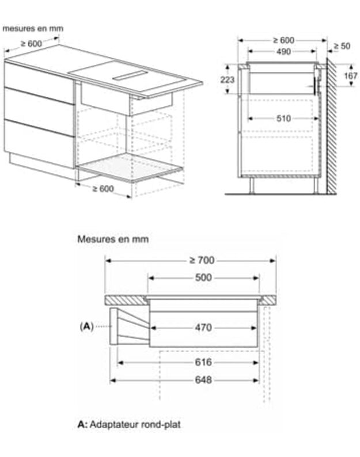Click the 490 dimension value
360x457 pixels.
[283, 52]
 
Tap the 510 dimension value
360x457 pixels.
[283, 119]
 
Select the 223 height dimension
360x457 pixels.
[228, 79]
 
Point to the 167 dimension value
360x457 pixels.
[350, 75]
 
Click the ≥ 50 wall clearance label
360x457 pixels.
[342, 46]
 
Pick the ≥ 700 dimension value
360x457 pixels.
[202, 260]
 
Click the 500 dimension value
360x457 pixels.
[203, 277]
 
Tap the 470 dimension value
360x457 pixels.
[203, 327]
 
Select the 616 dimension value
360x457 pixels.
[203, 362]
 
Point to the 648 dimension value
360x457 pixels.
[203, 380]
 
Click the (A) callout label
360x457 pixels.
[86, 326]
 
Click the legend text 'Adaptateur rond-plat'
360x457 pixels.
[135, 424]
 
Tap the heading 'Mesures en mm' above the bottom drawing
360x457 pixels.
[113, 239]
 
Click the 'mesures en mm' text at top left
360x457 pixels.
[33, 28]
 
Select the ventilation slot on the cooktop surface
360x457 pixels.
[130, 75]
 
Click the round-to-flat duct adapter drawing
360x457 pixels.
[130, 326]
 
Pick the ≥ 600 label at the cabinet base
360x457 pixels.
[103, 189]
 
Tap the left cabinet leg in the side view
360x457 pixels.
[252, 185]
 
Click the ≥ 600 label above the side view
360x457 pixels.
[283, 40]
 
